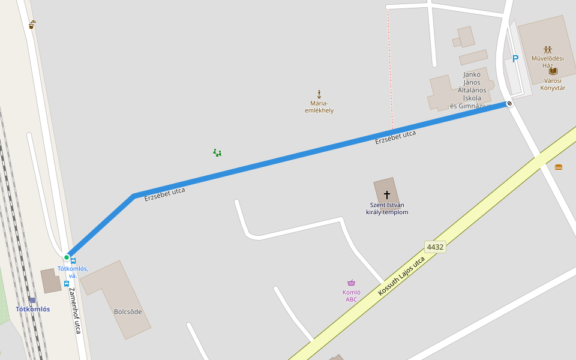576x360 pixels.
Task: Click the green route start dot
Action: pyautogui.click(x=67, y=257)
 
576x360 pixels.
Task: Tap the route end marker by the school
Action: pyautogui.click(x=509, y=104)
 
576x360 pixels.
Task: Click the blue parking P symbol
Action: pyautogui.click(x=515, y=59)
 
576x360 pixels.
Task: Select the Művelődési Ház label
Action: pyautogui.click(x=547, y=62)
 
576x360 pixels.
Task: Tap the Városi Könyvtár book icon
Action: pyautogui.click(x=553, y=71)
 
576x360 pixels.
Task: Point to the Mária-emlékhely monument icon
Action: pyautogui.click(x=319, y=94)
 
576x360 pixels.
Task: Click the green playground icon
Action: pyautogui.click(x=217, y=153)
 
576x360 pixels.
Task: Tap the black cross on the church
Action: pyautogui.click(x=387, y=194)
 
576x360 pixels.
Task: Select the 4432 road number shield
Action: pyautogui.click(x=435, y=247)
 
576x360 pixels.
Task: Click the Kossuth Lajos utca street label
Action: pyautogui.click(x=401, y=276)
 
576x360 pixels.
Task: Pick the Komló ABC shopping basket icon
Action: pyautogui.click(x=351, y=283)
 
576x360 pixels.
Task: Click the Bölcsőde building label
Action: pyautogui.click(x=128, y=312)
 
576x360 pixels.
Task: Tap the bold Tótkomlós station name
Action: pyautogui.click(x=33, y=309)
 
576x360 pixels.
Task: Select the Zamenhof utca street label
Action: pyautogui.click(x=75, y=310)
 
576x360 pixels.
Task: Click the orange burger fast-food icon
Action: pyautogui.click(x=559, y=167)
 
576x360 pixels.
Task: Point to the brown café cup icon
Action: pyautogui.click(x=32, y=25)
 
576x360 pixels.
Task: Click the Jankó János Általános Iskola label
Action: pyautogui.click(x=472, y=90)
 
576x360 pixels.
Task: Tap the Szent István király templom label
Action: pyautogui.click(x=387, y=209)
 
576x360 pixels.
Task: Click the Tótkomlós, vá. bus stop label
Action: pyautogui.click(x=73, y=272)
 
